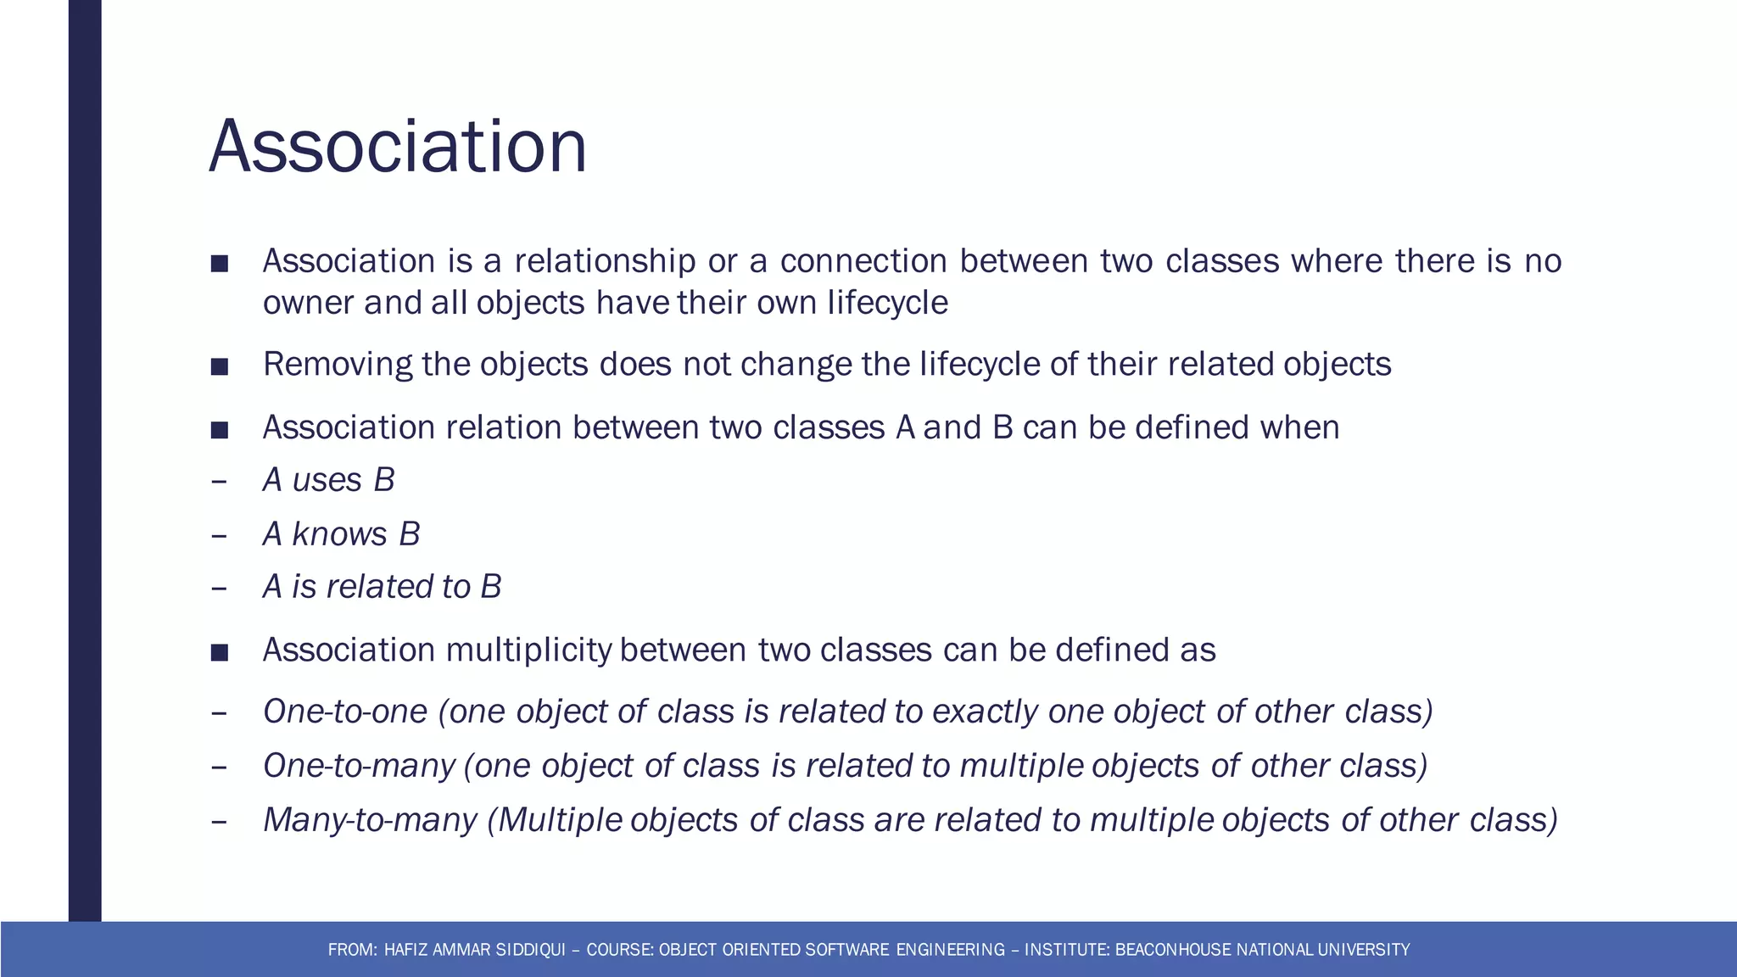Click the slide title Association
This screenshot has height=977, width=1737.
pos(397,147)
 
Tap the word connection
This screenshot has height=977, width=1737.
pos(863,261)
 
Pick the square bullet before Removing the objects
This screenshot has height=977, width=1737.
pos(220,366)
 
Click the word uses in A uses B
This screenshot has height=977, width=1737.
pos(327,481)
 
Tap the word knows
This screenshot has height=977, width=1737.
pos(339,534)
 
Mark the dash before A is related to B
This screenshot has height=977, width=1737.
pos(219,588)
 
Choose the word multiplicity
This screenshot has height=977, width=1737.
pos(528,650)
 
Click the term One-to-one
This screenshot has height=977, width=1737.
pos(344,712)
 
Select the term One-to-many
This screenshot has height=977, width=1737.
pos(358,766)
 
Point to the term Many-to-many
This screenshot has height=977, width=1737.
pos(370,820)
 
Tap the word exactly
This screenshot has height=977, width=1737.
pos(984,712)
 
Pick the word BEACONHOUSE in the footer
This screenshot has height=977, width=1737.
pos(1173,950)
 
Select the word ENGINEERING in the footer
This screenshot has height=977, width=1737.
pos(950,950)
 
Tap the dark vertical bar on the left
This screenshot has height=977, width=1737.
pos(85,458)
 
